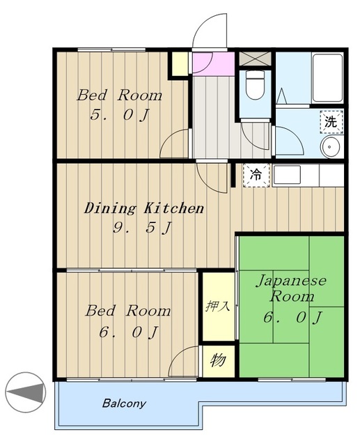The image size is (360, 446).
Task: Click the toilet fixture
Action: pos(255,84)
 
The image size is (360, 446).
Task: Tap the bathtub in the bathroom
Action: pos(327,78)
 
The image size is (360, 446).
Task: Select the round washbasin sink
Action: pos(330,147)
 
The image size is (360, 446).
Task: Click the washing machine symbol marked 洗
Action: pos(331,122)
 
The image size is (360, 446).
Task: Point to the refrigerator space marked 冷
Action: pos(256,175)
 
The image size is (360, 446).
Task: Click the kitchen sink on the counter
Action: pos(287,175)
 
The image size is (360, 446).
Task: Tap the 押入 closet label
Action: pos(218,307)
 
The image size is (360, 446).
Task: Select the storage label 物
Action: pos(218,360)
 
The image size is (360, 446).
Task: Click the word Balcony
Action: pos(124,403)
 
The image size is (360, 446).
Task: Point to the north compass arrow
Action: pos(26,392)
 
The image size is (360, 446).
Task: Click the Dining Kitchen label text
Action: pos(144,208)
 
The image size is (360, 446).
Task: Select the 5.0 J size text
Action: pos(120,114)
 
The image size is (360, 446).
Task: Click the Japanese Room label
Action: pos(292,288)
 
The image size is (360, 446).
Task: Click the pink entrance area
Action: pos(213,63)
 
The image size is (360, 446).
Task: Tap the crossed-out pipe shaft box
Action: pos(254,59)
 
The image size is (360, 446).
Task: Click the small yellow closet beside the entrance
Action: pos(180,63)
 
